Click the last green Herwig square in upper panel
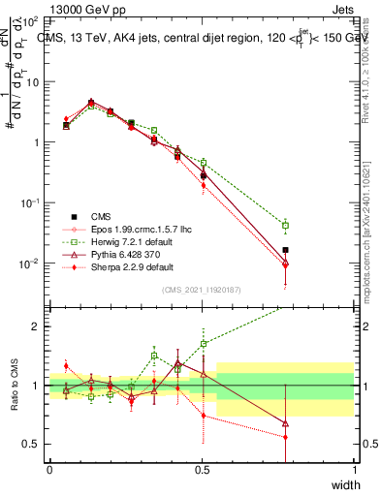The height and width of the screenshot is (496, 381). point(285,225)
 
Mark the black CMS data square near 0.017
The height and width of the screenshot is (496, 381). point(285,250)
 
